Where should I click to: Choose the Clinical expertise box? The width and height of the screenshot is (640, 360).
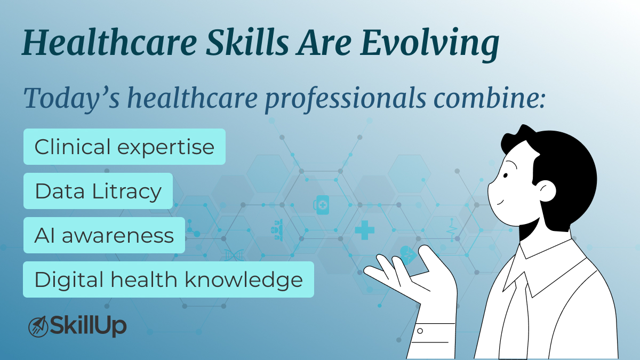point(124,147)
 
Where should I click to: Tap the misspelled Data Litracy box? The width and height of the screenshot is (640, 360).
point(98,191)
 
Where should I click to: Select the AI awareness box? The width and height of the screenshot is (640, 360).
point(104,235)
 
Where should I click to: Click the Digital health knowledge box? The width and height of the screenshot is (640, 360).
point(168,279)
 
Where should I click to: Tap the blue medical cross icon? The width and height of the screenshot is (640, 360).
point(364,230)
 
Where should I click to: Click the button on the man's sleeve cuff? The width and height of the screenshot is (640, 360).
point(420,331)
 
